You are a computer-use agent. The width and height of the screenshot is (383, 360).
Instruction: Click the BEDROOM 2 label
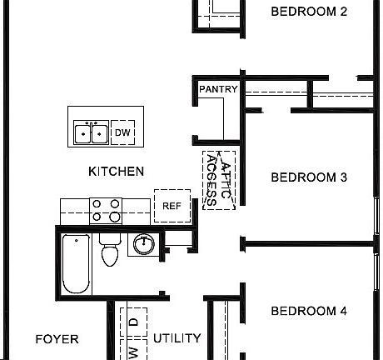[x=309, y=12]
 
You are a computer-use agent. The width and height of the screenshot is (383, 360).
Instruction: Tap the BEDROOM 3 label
[x=309, y=177]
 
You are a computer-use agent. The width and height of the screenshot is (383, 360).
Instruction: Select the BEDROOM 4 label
[x=309, y=312]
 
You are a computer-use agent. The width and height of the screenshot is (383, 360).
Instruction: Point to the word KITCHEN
[x=116, y=172]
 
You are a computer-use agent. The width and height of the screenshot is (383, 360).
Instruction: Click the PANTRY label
[x=218, y=89]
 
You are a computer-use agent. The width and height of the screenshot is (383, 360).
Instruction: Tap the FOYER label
[x=57, y=339]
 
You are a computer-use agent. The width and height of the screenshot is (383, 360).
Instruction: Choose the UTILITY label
[x=177, y=338]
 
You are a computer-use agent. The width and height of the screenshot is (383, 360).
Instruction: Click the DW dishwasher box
[x=122, y=132]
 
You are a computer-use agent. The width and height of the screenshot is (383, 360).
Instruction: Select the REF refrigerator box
[x=172, y=206]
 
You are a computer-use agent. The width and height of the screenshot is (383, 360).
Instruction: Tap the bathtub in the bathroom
[x=75, y=263]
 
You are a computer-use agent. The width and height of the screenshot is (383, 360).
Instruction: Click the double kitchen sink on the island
[x=91, y=132]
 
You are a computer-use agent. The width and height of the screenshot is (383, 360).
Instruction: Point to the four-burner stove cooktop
[x=106, y=210]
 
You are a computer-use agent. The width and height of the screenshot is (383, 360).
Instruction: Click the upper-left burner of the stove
[x=97, y=202]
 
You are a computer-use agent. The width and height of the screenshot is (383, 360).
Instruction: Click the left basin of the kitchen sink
[x=83, y=132]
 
